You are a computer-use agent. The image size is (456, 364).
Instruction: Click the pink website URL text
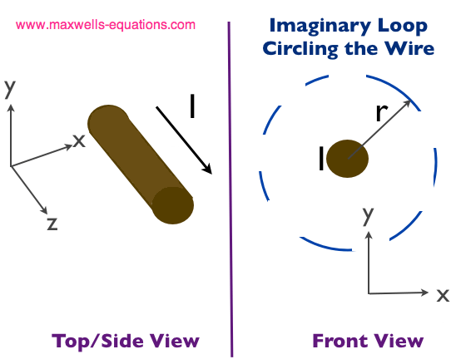tap(106, 25)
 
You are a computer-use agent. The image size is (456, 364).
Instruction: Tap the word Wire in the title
tap(409, 48)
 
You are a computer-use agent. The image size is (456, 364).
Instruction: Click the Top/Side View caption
tap(126, 341)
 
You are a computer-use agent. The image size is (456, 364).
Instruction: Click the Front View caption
tap(368, 341)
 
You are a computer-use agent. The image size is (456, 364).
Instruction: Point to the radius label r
tap(382, 112)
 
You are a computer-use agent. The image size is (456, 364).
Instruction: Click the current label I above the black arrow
tap(192, 106)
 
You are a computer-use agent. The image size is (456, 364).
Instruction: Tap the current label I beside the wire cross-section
tap(321, 158)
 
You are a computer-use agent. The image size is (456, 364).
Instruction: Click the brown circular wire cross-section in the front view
tap(347, 159)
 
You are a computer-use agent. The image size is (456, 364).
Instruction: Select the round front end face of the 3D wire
tap(173, 205)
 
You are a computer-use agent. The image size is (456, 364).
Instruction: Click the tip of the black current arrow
tap(211, 174)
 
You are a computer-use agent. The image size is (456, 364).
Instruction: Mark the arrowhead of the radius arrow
tap(410, 101)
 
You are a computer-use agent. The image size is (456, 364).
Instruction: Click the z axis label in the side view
tap(52, 224)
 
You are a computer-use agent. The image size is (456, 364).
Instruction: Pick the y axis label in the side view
tap(10, 89)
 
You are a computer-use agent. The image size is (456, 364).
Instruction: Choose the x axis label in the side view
tap(79, 141)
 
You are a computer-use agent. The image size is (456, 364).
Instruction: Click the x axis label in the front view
tap(443, 296)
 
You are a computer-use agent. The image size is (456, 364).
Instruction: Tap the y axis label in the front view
tap(368, 216)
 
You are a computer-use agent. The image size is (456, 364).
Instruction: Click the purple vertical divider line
tap(230, 189)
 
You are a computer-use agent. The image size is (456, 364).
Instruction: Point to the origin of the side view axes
tap(11, 166)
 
